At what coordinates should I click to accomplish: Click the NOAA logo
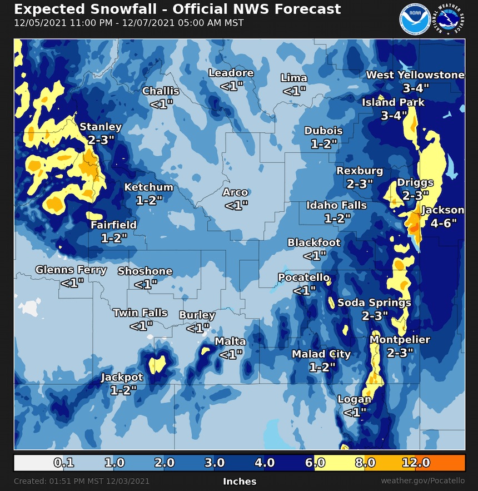point(412,19)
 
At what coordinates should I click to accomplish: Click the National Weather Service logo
point(450,19)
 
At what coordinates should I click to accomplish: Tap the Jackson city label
point(442,210)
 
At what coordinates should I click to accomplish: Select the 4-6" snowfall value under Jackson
point(444,223)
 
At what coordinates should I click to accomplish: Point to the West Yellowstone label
point(415,75)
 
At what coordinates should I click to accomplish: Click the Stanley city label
point(101,127)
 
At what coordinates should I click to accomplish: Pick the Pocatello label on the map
point(304,277)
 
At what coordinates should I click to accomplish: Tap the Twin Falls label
point(140,313)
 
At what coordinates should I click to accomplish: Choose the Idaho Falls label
point(337,206)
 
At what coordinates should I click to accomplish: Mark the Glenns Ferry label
point(71,270)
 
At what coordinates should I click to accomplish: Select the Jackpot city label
point(122,378)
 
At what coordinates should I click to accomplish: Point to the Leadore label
point(231,73)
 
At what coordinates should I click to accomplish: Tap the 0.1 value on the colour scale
point(64,463)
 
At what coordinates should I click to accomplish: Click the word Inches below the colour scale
point(240,482)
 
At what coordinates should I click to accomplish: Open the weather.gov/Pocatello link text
point(422,480)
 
